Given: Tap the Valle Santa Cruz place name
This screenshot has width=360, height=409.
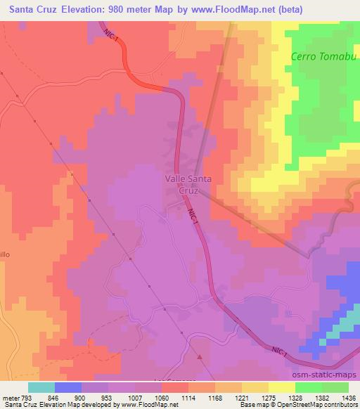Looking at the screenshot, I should click(x=188, y=185).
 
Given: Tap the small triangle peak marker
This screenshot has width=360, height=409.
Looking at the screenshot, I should click(x=199, y=357).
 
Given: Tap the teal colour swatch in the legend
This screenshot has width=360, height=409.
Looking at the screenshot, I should click(x=41, y=387).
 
